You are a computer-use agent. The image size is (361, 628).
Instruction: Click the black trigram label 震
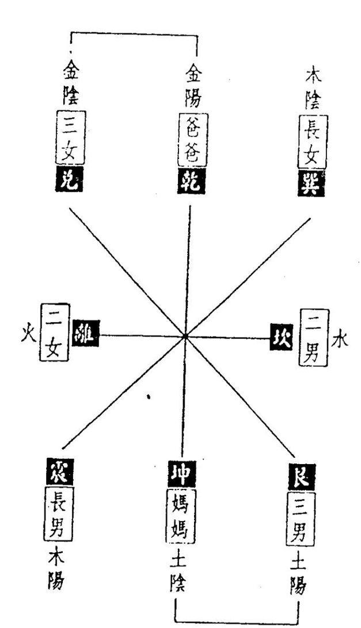click(x=58, y=472)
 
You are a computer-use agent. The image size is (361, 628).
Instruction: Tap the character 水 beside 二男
click(x=340, y=339)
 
